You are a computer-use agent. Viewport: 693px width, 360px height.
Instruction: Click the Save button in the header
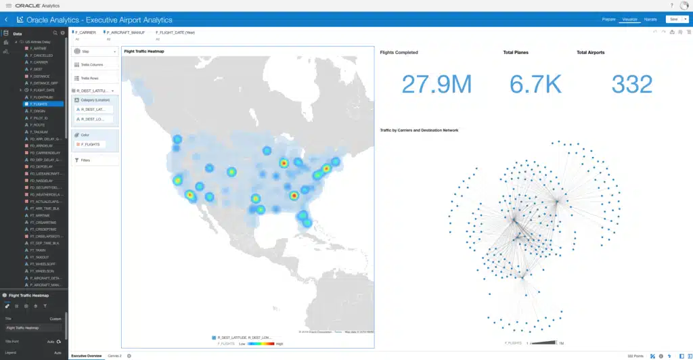click(x=673, y=20)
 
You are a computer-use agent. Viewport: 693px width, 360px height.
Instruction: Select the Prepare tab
click(x=608, y=20)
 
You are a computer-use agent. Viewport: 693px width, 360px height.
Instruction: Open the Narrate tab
click(x=650, y=20)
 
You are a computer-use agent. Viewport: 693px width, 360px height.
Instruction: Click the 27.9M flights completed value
click(x=436, y=84)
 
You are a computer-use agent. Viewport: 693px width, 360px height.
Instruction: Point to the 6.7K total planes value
click(x=536, y=84)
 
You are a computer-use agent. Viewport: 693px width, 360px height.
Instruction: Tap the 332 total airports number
click(x=631, y=84)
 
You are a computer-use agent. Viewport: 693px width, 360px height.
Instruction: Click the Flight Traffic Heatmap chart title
click(x=144, y=51)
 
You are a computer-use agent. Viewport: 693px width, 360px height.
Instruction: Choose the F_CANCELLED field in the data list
click(x=42, y=55)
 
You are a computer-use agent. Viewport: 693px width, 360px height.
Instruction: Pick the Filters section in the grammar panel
click(x=86, y=160)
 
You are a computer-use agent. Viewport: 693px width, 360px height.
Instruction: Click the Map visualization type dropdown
click(x=95, y=51)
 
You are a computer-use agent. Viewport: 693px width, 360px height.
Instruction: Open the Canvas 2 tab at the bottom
click(x=114, y=355)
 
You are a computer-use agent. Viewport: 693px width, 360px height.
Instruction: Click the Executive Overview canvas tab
click(x=87, y=355)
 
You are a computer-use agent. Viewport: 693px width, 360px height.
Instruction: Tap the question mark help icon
click(x=671, y=5)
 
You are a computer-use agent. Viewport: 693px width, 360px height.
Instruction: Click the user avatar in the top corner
click(x=684, y=5)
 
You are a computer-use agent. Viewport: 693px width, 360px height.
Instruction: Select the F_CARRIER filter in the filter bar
click(x=85, y=32)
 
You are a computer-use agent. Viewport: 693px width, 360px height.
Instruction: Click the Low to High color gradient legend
click(x=252, y=344)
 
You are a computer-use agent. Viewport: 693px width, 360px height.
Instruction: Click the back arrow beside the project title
click(x=6, y=20)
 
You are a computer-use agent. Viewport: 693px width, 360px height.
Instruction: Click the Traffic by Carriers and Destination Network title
click(x=419, y=130)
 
